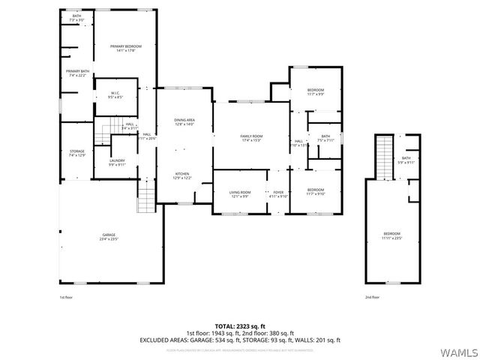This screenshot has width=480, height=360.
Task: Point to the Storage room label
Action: (77, 153)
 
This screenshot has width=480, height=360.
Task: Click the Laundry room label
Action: (117, 162)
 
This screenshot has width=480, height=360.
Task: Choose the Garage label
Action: (109, 237)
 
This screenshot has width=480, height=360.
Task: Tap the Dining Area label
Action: (184, 122)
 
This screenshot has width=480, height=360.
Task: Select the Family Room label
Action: (250, 138)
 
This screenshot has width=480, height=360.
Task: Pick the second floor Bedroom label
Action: (391, 236)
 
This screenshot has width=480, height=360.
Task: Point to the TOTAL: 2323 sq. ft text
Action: (239, 325)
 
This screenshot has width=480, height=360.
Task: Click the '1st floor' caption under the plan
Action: (67, 298)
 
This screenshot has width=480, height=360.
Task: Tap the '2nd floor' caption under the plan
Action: (371, 298)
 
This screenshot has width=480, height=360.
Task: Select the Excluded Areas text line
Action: (239, 340)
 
